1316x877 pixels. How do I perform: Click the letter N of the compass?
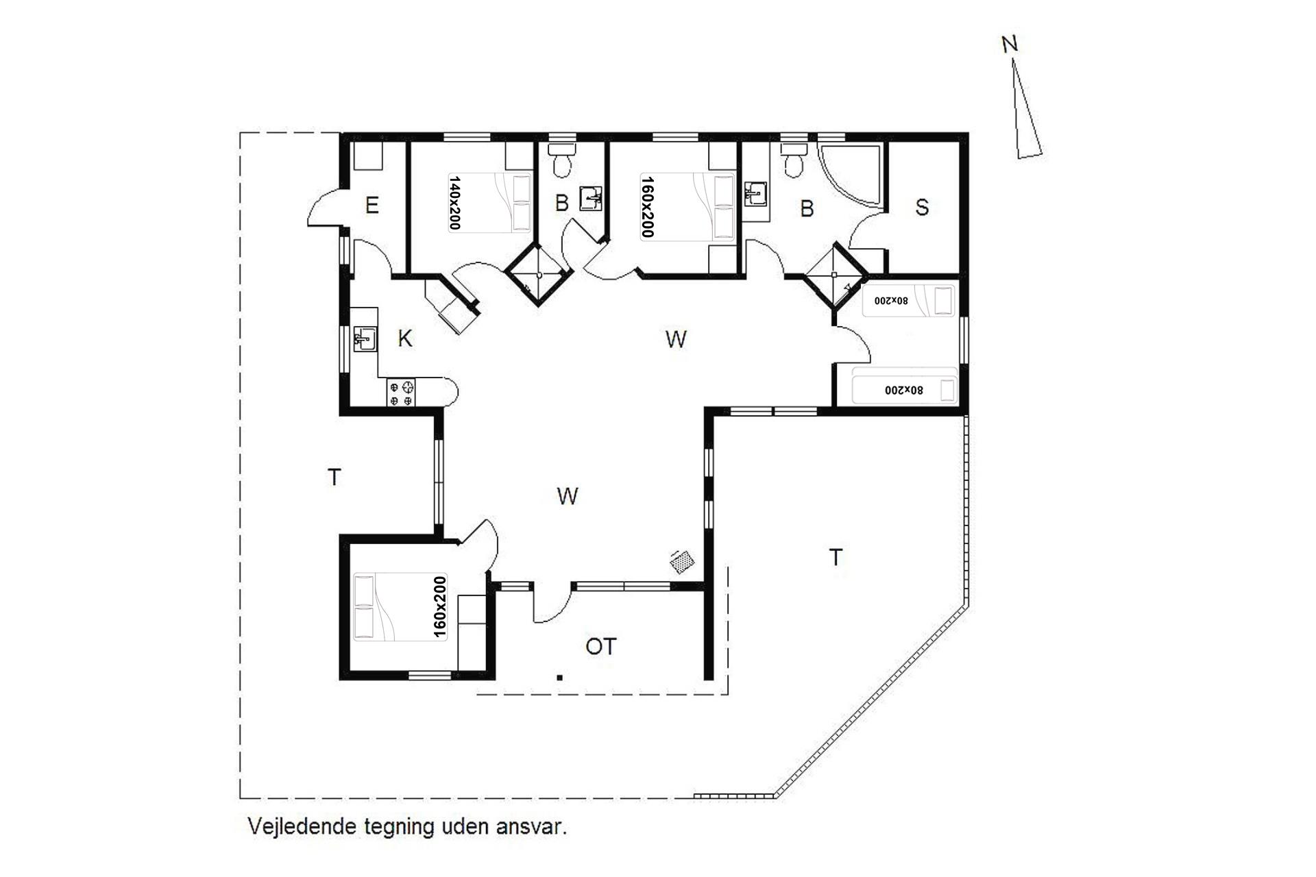(1009, 45)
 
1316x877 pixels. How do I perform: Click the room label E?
(372, 205)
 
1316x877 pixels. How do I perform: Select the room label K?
(405, 338)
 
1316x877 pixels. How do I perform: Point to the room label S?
(922, 207)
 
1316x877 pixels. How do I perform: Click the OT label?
(601, 646)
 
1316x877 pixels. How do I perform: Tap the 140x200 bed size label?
(454, 202)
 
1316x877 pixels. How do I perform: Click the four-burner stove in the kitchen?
(402, 393)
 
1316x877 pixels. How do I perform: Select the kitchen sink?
(365, 338)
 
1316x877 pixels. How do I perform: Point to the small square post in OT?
(560, 678)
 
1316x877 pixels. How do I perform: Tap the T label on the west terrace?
(334, 477)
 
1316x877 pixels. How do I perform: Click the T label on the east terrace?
(836, 558)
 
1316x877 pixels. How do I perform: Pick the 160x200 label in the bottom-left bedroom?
(440, 607)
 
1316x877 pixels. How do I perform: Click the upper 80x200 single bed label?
(890, 300)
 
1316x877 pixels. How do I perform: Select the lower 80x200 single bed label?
(904, 390)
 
